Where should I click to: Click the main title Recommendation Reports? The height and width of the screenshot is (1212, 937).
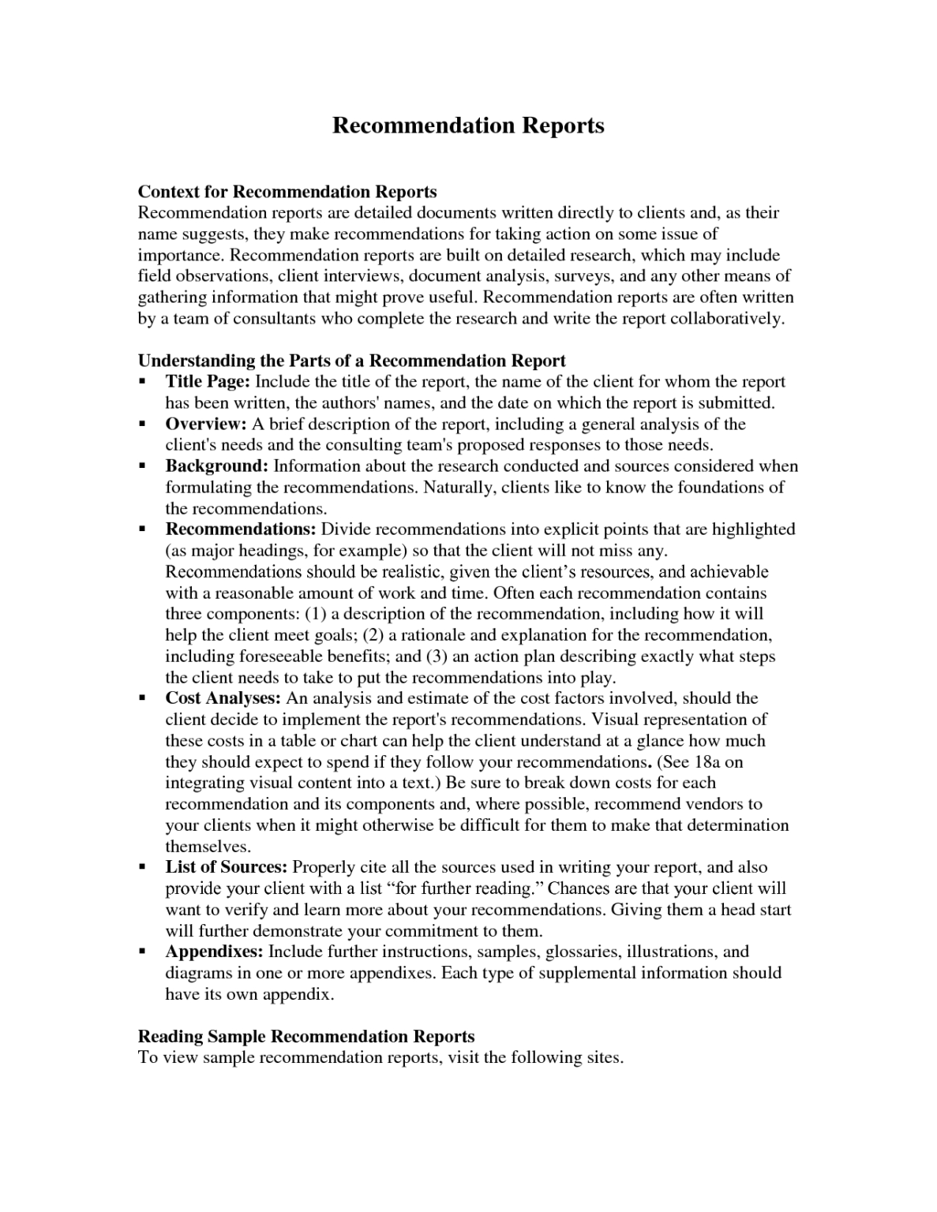[x=468, y=125]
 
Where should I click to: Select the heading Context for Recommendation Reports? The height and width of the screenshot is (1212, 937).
[x=287, y=192]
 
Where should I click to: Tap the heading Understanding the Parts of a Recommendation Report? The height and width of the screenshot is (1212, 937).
[x=352, y=361]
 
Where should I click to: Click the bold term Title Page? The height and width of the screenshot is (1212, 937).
[x=208, y=382]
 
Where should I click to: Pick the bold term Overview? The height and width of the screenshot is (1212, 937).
[x=206, y=425]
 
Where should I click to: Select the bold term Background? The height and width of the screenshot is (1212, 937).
[x=217, y=466]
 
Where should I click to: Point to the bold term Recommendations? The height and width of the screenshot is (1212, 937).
[x=241, y=529]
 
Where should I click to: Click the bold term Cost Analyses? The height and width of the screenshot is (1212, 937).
[x=223, y=698]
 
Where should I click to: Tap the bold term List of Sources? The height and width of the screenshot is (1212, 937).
[x=226, y=867]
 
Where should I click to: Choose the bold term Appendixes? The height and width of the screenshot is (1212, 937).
[x=214, y=952]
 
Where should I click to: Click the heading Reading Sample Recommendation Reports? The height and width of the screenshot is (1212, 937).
[x=306, y=1036]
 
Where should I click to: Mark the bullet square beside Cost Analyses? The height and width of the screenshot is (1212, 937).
[x=143, y=698]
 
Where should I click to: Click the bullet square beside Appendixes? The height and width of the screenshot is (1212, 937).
[x=143, y=952]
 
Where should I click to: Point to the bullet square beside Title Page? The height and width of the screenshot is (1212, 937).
[x=143, y=382]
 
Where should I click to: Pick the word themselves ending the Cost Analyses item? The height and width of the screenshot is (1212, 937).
[x=207, y=847]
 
